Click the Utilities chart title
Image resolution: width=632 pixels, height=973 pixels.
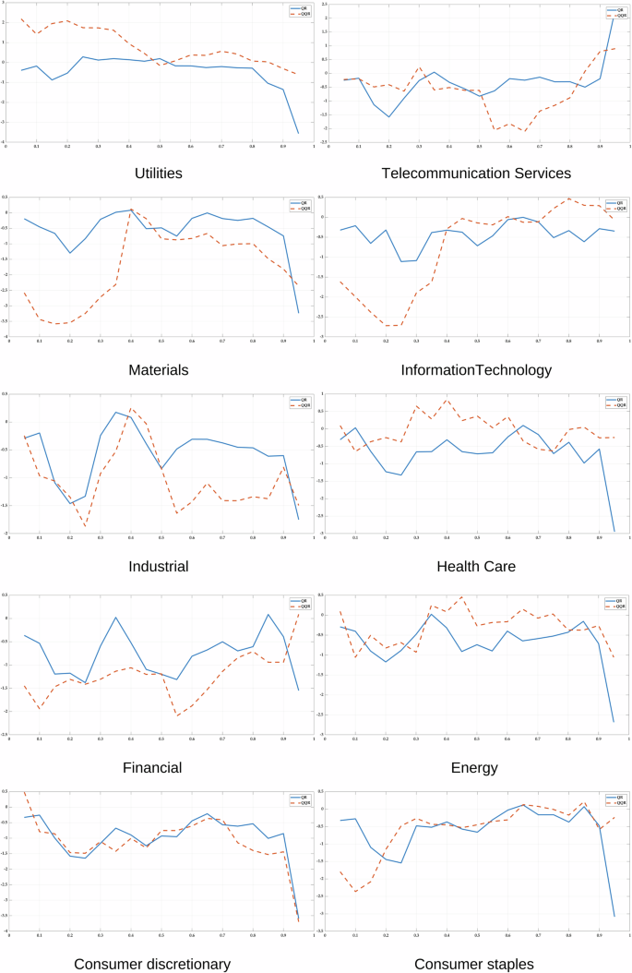pyautogui.click(x=159, y=173)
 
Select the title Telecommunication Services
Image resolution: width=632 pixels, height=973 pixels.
pyautogui.click(x=475, y=173)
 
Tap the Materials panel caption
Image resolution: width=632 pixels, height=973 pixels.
pyautogui.click(x=159, y=369)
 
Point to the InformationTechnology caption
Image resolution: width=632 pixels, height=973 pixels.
pyautogui.click(x=475, y=369)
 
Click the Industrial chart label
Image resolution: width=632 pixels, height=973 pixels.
pyautogui.click(x=159, y=566)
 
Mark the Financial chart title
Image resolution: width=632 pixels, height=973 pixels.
pyautogui.click(x=159, y=767)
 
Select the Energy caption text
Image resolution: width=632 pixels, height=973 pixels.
pyautogui.click(x=475, y=767)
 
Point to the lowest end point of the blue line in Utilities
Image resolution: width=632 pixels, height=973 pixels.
pyautogui.click(x=298, y=133)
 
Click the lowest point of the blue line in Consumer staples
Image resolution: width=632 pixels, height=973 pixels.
pyautogui.click(x=614, y=916)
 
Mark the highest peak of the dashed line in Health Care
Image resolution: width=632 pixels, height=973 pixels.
pyautogui.click(x=447, y=400)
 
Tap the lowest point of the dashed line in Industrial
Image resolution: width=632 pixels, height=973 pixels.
pyautogui.click(x=85, y=526)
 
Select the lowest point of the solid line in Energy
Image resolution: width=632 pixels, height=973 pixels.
pyautogui.click(x=614, y=722)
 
